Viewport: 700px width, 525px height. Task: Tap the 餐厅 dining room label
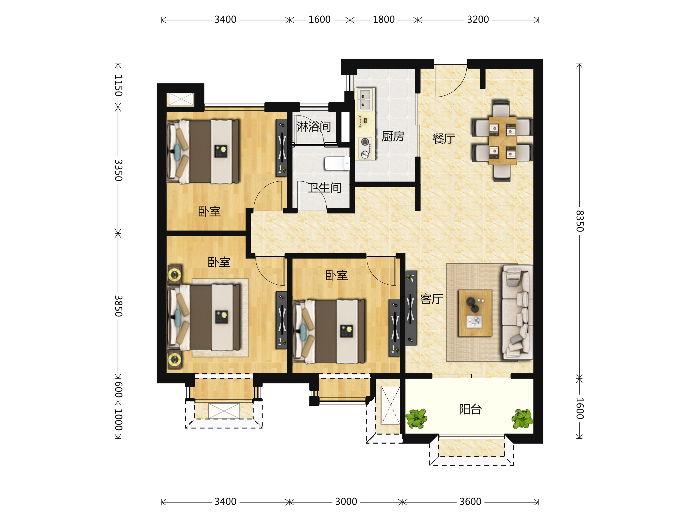tap(444, 138)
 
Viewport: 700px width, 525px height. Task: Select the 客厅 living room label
tap(431, 299)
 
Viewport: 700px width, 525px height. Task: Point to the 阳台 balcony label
tap(470, 409)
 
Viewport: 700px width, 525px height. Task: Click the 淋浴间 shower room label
tap(314, 127)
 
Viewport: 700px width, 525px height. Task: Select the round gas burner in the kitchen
tap(365, 142)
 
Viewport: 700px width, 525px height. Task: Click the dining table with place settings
tap(502, 141)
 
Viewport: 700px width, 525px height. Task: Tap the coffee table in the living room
tap(475, 313)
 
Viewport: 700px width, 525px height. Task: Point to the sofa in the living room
tap(517, 312)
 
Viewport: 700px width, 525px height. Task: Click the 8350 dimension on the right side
tap(579, 221)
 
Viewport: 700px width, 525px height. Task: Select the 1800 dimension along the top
tap(384, 20)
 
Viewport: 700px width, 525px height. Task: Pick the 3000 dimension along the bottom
tap(346, 502)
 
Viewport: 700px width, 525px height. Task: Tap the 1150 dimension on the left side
tap(118, 85)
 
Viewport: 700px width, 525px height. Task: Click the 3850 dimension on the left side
tap(118, 306)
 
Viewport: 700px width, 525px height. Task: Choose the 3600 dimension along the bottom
tap(470, 502)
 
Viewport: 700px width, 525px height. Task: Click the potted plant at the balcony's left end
tap(416, 419)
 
